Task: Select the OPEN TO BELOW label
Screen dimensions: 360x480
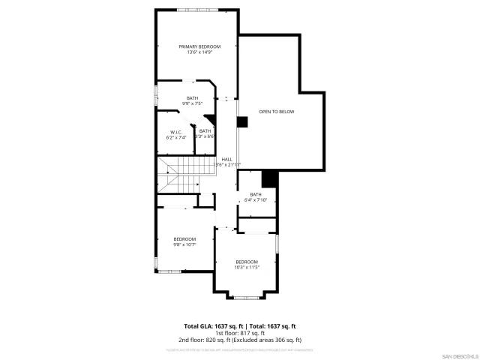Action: click(277, 112)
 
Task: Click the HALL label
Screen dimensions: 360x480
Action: click(226, 159)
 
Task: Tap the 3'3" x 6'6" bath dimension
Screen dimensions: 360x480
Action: click(205, 136)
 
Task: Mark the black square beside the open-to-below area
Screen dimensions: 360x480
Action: click(241, 121)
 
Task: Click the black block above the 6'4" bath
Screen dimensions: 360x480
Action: click(269, 179)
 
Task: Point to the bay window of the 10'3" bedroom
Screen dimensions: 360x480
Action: click(245, 297)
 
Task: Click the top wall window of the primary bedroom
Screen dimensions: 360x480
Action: click(199, 10)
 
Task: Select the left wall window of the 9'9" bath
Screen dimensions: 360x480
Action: click(156, 95)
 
